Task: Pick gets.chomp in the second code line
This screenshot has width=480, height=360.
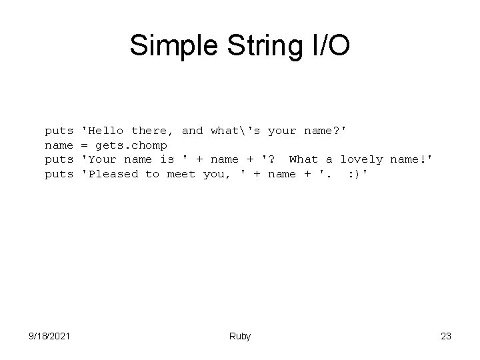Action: point(131,145)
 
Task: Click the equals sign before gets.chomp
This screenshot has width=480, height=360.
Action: point(85,145)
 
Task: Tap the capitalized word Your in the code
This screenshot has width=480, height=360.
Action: point(102,159)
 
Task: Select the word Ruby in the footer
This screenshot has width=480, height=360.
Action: point(240,337)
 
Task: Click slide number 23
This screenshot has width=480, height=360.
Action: point(446,337)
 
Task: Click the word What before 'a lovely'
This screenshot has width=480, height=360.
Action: point(303,159)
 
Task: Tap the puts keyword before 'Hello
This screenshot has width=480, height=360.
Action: point(59,131)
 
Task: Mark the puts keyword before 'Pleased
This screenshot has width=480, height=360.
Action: point(59,174)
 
